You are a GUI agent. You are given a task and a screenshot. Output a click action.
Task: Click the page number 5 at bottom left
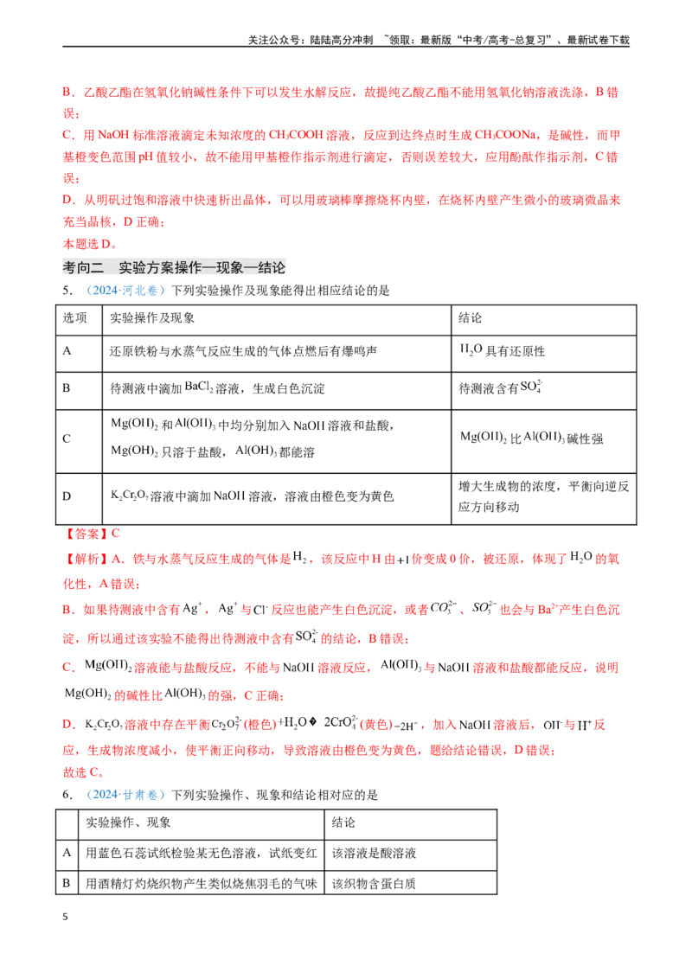[65, 917]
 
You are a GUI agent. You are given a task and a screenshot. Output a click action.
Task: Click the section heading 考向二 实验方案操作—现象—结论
[174, 267]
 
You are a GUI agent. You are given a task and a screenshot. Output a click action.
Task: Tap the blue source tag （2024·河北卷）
[125, 291]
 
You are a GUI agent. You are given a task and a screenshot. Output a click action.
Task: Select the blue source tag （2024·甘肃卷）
[125, 795]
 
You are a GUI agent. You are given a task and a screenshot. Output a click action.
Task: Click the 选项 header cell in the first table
[75, 317]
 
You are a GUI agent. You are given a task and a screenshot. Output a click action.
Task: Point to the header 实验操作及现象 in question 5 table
[151, 317]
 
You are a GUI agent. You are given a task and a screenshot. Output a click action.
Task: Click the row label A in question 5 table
[67, 351]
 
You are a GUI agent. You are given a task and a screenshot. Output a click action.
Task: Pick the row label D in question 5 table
[67, 496]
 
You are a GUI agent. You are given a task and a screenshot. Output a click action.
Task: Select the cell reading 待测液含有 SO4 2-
[501, 387]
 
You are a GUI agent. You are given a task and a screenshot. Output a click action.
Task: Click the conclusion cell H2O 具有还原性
[503, 351]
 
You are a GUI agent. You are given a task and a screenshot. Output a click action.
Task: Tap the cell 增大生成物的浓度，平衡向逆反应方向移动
[543, 496]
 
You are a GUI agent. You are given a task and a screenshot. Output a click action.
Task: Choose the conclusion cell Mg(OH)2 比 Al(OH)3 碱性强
[531, 438]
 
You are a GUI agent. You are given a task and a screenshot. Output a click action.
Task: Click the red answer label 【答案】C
[91, 534]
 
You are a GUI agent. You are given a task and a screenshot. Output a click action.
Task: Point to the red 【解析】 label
[86, 559]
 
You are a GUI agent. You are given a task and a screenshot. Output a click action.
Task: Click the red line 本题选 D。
[90, 244]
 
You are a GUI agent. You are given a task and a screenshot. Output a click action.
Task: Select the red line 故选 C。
[84, 772]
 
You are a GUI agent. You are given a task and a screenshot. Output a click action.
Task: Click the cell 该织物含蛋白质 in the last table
[374, 884]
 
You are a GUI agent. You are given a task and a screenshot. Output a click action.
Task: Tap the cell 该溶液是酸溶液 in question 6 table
[374, 853]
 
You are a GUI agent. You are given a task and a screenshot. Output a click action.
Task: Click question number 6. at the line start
[68, 795]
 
